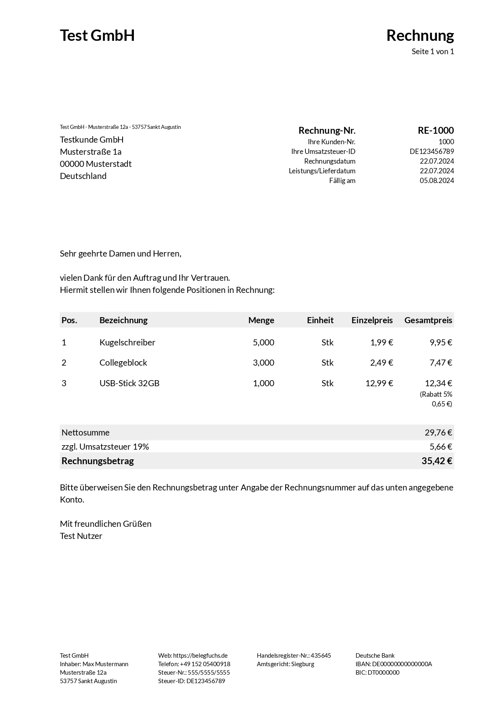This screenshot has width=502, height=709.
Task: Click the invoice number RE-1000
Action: (436, 130)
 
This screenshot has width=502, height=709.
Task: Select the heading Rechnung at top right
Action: (420, 36)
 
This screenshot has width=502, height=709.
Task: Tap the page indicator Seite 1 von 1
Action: (432, 52)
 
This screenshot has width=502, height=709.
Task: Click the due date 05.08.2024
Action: (436, 181)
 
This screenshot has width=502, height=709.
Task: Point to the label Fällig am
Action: (342, 181)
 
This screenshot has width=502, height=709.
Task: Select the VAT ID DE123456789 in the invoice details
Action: (432, 151)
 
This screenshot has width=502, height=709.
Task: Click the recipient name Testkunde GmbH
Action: (92, 140)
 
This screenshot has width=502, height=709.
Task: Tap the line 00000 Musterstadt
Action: (96, 164)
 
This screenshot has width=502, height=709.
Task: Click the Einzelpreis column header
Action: (372, 320)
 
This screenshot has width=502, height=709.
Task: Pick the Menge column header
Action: (261, 320)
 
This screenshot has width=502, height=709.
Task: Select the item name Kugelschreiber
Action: (127, 343)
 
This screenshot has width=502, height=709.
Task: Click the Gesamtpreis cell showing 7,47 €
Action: (441, 363)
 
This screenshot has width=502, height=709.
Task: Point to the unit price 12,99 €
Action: (379, 383)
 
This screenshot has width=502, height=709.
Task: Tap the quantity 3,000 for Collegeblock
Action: (263, 363)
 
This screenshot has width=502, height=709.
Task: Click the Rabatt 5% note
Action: (436, 394)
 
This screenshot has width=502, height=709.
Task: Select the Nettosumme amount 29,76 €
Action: (438, 433)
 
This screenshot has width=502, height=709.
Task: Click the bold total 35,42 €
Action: (436, 461)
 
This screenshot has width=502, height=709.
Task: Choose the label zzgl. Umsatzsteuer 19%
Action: (105, 447)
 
